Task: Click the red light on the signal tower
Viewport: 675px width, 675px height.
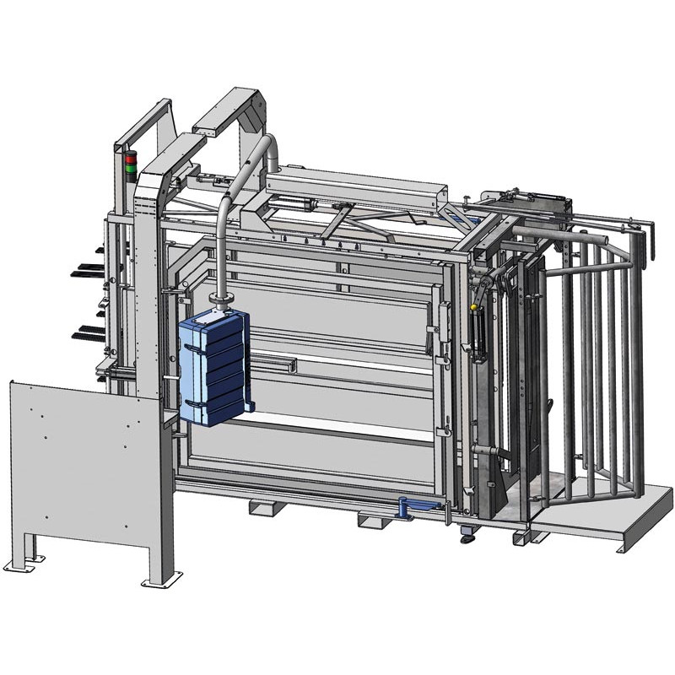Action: (130, 158)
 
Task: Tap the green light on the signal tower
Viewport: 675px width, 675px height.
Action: (130, 169)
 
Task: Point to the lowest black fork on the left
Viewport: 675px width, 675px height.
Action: (84, 330)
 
